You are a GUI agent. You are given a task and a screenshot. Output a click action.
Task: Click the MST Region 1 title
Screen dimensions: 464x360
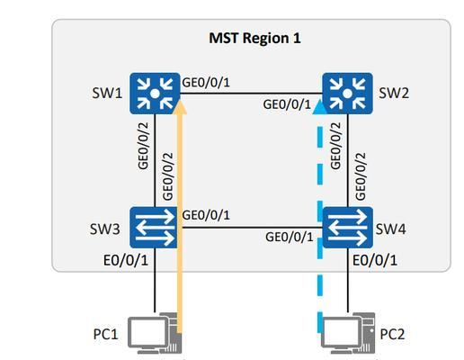[254, 39]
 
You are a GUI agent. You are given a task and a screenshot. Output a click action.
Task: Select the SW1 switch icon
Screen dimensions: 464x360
[155, 94]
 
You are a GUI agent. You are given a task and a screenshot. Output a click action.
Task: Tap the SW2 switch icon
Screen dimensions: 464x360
[348, 94]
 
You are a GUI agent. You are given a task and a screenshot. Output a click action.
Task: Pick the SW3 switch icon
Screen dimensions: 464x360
[154, 228]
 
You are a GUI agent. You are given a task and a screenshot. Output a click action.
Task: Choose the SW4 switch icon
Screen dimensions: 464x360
[348, 228]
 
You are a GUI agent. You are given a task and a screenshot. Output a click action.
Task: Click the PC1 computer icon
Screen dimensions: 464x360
[155, 334]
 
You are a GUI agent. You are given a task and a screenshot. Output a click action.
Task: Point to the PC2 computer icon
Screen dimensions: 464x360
[348, 334]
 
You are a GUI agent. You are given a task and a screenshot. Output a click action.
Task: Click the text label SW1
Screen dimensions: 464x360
[107, 93]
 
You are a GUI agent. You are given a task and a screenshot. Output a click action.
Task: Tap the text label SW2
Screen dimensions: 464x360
[394, 93]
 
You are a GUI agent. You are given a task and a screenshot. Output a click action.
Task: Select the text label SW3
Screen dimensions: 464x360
[105, 229]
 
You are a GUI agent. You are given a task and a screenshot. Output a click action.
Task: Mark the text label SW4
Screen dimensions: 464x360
[391, 229]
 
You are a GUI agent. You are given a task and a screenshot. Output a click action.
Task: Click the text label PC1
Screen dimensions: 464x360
[106, 334]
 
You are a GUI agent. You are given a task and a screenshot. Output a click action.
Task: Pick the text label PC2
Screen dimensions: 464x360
[392, 334]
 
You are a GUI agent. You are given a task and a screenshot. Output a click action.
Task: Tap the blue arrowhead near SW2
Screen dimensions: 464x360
[320, 107]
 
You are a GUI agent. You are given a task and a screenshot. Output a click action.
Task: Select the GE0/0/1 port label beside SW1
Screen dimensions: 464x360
[206, 82]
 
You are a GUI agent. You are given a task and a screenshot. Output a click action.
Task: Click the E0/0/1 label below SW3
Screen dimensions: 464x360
[126, 260]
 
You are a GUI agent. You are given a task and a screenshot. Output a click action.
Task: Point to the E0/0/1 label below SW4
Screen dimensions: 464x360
[375, 260]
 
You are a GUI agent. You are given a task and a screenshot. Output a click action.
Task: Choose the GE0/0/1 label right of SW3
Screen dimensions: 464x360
[206, 215]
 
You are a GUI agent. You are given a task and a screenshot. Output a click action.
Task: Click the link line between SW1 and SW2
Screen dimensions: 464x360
[251, 94]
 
